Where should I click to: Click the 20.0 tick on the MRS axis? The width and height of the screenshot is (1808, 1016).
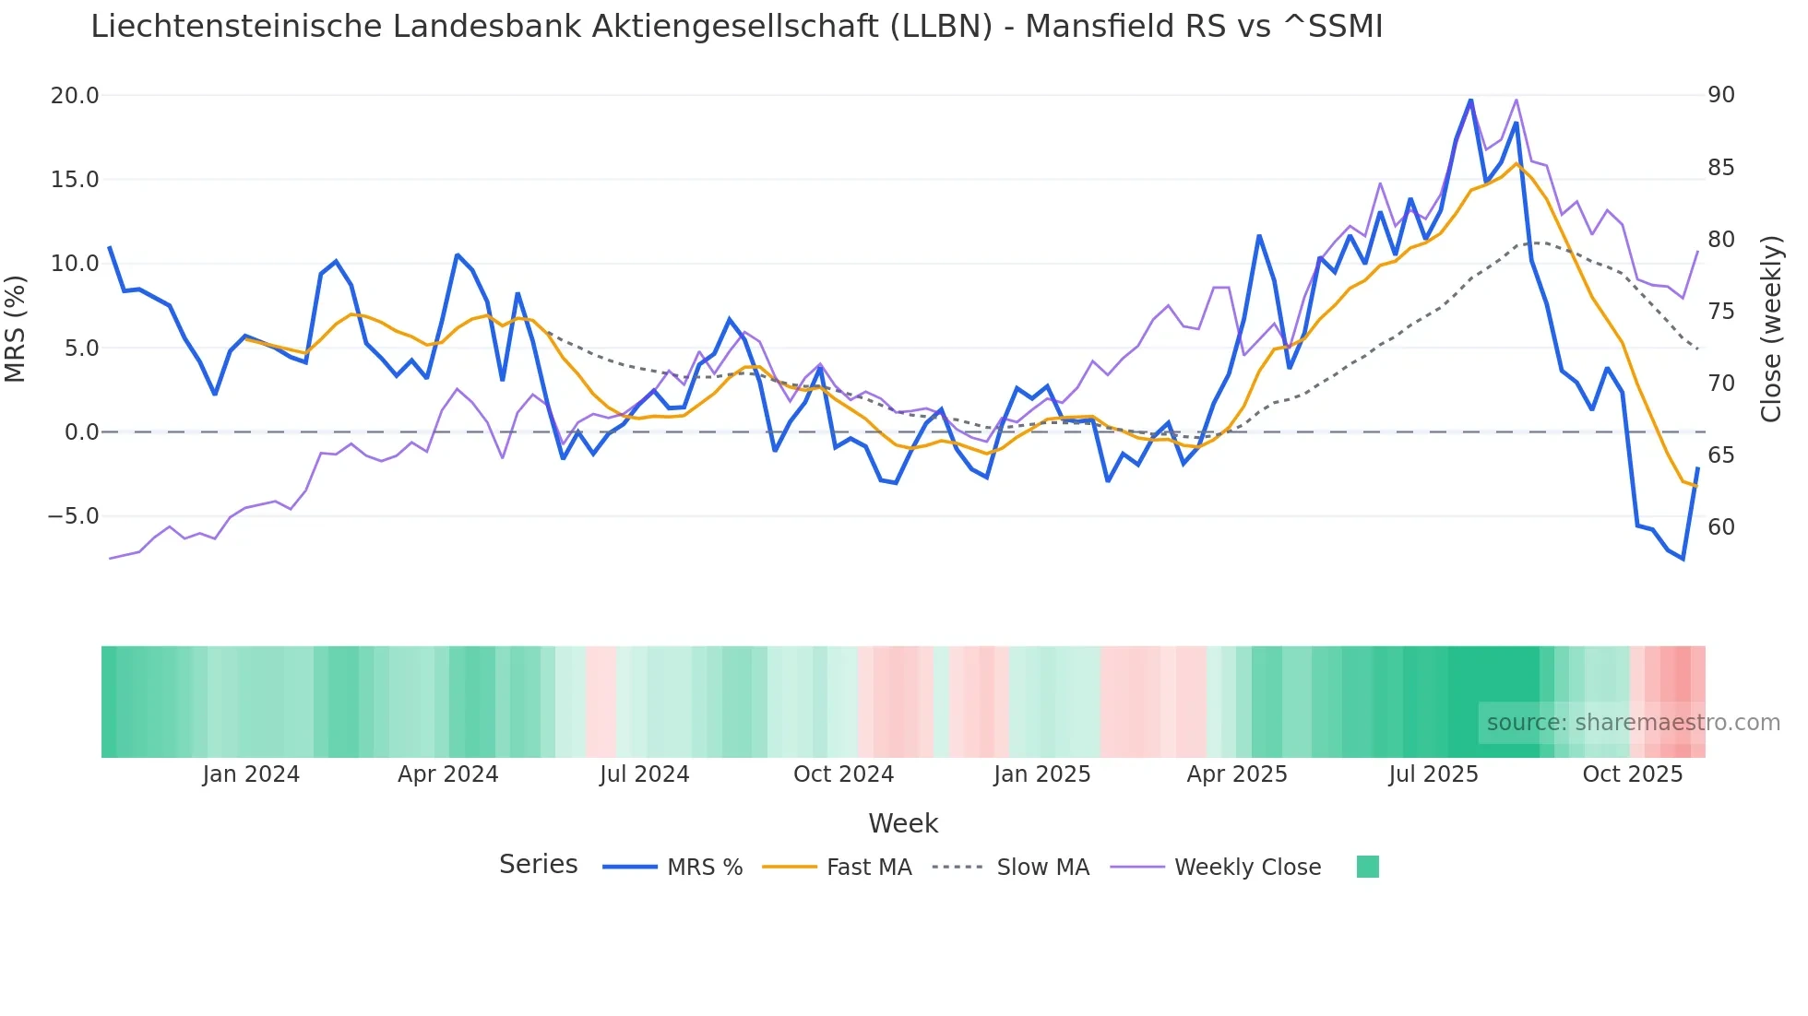tap(75, 96)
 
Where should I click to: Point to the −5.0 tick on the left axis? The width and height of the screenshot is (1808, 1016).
tap(73, 516)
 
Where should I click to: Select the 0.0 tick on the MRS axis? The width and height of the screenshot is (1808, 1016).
tap(81, 432)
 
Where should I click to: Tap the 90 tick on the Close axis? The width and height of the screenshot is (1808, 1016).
tap(1721, 95)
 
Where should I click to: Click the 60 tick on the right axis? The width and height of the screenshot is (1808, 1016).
tap(1721, 527)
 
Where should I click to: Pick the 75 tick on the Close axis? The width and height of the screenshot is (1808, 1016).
tap(1721, 312)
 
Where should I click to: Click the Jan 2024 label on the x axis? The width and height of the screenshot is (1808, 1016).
tap(251, 774)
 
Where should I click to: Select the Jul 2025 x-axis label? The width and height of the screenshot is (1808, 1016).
tap(1433, 774)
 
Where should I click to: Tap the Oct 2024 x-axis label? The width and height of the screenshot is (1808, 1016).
tap(843, 774)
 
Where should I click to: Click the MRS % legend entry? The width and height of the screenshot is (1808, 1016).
tap(705, 868)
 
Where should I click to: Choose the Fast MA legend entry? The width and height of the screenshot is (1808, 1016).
tap(869, 868)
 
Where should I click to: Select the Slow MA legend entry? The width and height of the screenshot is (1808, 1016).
tap(1042, 868)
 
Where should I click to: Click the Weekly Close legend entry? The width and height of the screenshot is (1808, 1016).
tap(1247, 868)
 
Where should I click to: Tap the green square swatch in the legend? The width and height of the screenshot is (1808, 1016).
tap(1368, 867)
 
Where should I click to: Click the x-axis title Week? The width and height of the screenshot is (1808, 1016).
tap(903, 823)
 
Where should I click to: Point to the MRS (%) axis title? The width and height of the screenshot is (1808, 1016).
tap(16, 328)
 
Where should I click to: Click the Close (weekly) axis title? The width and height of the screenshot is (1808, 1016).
tap(1770, 328)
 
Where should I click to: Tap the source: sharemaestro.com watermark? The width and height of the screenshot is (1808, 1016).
tap(1633, 723)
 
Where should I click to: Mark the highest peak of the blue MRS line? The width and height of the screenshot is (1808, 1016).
tap(1470, 100)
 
